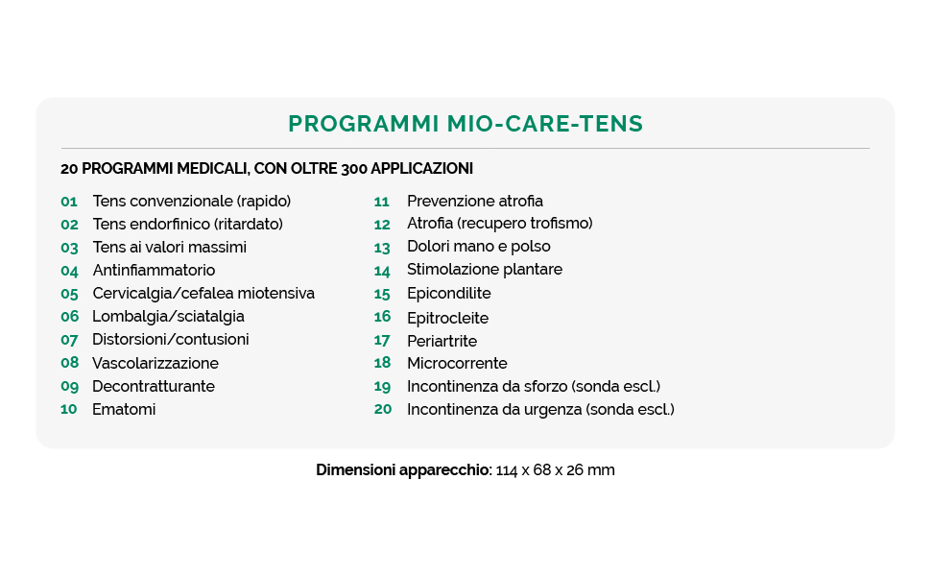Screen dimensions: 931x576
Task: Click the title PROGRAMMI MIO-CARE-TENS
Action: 465,124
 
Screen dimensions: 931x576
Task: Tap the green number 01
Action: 69,202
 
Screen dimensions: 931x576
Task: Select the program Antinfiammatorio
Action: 154,271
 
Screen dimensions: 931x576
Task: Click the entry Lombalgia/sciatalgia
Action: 168,317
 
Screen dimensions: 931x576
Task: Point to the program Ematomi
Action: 124,410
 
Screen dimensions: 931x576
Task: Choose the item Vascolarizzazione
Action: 155,364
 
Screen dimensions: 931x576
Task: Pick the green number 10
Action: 69,410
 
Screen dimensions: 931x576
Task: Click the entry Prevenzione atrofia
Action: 475,202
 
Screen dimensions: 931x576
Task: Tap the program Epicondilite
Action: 448,294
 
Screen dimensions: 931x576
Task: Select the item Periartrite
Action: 442,341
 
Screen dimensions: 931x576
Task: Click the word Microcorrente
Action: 457,364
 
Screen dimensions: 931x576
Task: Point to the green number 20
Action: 383,410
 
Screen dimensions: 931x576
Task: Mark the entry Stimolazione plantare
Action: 485,270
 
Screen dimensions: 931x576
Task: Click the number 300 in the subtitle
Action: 353,169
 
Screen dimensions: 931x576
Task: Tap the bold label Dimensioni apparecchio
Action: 403,470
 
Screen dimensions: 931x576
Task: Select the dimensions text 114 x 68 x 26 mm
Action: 556,470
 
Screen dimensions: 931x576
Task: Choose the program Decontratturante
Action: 154,387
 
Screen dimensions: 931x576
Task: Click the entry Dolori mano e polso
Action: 479,247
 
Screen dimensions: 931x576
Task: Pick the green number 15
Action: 383,294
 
